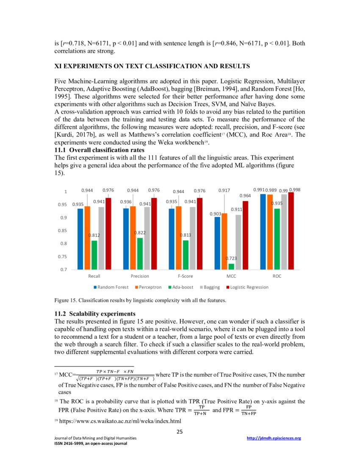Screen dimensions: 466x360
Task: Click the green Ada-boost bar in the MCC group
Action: [x=231, y=266]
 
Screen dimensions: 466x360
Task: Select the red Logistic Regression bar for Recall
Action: [x=108, y=233]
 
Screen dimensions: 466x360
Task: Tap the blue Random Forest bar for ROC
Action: [x=263, y=232]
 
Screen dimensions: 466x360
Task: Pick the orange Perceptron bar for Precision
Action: [x=133, y=238]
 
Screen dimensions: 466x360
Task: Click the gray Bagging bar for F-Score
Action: [x=192, y=238]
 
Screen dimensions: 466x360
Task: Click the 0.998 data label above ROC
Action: [x=294, y=190]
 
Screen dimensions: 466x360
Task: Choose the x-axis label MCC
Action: [x=231, y=276]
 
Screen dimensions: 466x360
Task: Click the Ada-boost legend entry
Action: [x=181, y=287]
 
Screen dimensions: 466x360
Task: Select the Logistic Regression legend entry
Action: [x=246, y=287]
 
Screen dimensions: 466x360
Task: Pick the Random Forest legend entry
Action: [x=111, y=287]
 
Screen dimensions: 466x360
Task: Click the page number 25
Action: [x=180, y=432]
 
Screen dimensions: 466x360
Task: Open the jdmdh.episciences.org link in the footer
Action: [x=274, y=438]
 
